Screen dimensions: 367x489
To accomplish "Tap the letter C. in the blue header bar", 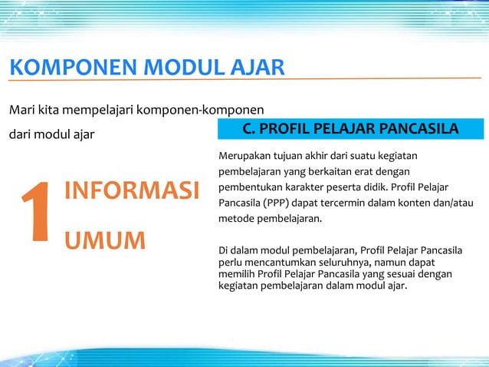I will (x=250, y=127).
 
